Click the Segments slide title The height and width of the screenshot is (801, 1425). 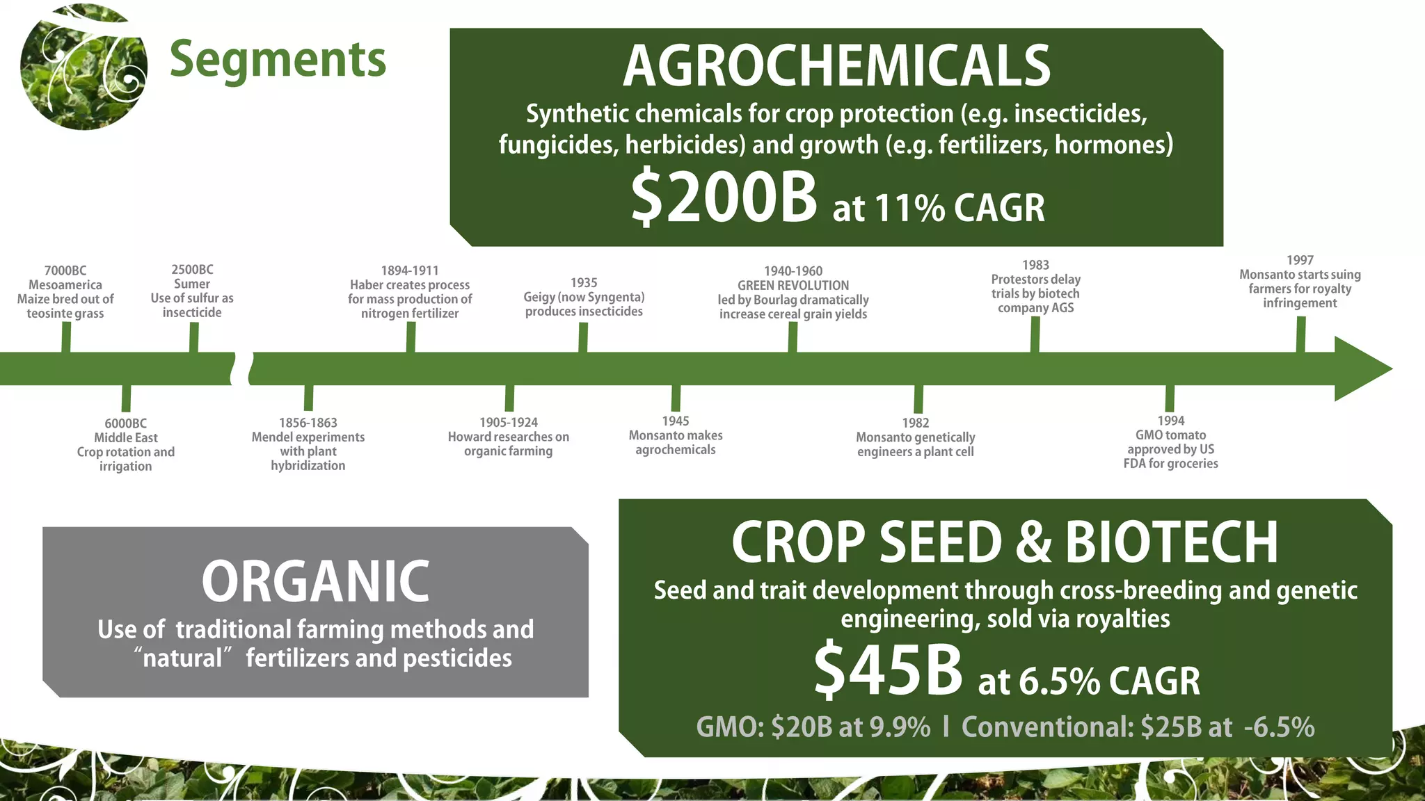[x=277, y=60]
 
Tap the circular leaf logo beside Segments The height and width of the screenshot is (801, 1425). [x=83, y=67]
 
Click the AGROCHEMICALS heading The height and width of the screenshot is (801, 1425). [x=836, y=66]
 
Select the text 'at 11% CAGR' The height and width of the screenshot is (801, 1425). [x=939, y=207]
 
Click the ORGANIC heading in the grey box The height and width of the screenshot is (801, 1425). [x=315, y=581]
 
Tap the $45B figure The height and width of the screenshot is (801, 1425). [x=888, y=670]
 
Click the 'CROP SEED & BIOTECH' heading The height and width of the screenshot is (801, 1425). [x=1005, y=542]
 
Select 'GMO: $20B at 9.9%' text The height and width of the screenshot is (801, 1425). [x=813, y=727]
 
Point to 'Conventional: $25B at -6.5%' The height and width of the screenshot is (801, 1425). [x=1138, y=727]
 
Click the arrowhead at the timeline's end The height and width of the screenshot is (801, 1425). [x=1360, y=369]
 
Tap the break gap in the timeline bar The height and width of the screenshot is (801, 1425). [x=241, y=369]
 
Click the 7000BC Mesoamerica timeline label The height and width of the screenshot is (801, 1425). [x=65, y=292]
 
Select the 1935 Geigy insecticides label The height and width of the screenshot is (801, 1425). [x=584, y=297]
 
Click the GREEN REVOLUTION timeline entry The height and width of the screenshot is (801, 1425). [x=793, y=292]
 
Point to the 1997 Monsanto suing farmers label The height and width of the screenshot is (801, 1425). [x=1299, y=282]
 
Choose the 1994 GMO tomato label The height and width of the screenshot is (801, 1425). [x=1170, y=442]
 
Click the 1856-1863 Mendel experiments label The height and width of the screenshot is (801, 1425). [x=308, y=444]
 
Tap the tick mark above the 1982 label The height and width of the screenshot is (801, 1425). [x=918, y=399]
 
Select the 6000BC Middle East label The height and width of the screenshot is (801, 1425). [x=126, y=444]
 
